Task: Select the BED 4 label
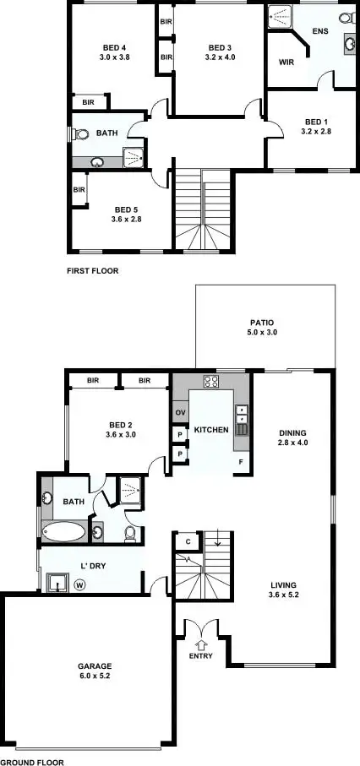[x=114, y=47]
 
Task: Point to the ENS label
[x=319, y=32]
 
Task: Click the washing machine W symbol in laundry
[x=80, y=584]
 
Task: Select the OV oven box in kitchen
[x=179, y=412]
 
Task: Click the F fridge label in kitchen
[x=240, y=463]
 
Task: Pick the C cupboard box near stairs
[x=187, y=541]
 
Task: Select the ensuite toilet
[x=345, y=18]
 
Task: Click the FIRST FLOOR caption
[x=92, y=272]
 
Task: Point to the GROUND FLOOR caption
[x=32, y=762]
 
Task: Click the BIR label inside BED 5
[x=79, y=190]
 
